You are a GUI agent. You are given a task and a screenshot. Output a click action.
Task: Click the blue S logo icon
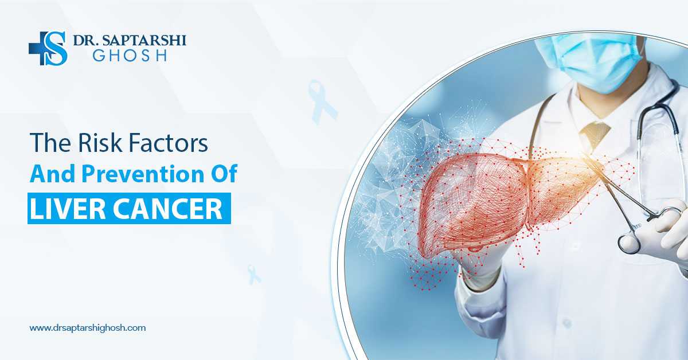pos(49,48)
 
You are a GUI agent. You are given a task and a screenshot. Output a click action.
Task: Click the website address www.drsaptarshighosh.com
pos(87,328)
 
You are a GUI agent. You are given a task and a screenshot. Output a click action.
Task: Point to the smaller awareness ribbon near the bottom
pos(253,274)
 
